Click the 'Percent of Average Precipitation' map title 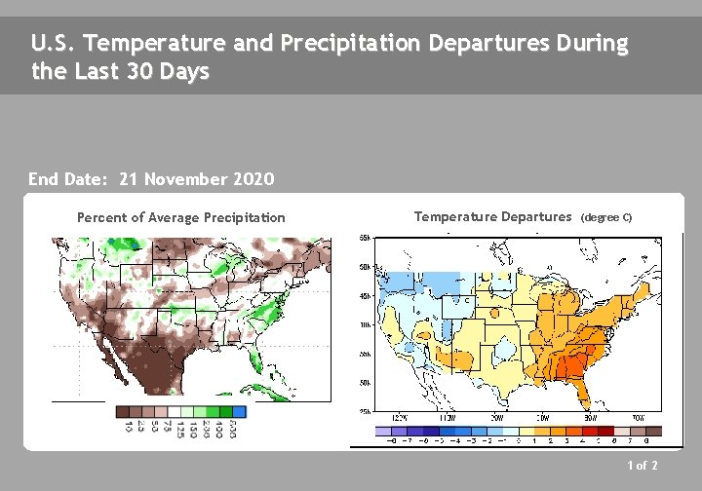[181, 217]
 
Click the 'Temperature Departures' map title [492, 216]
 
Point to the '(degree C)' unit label [606, 217]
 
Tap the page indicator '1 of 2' [643, 466]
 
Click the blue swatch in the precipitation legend [240, 412]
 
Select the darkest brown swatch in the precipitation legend [123, 412]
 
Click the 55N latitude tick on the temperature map [361, 238]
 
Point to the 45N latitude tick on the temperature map [361, 296]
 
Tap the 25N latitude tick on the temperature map [361, 411]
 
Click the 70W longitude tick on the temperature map [638, 418]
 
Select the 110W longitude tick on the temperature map [448, 418]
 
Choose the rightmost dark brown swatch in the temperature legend [653, 431]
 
